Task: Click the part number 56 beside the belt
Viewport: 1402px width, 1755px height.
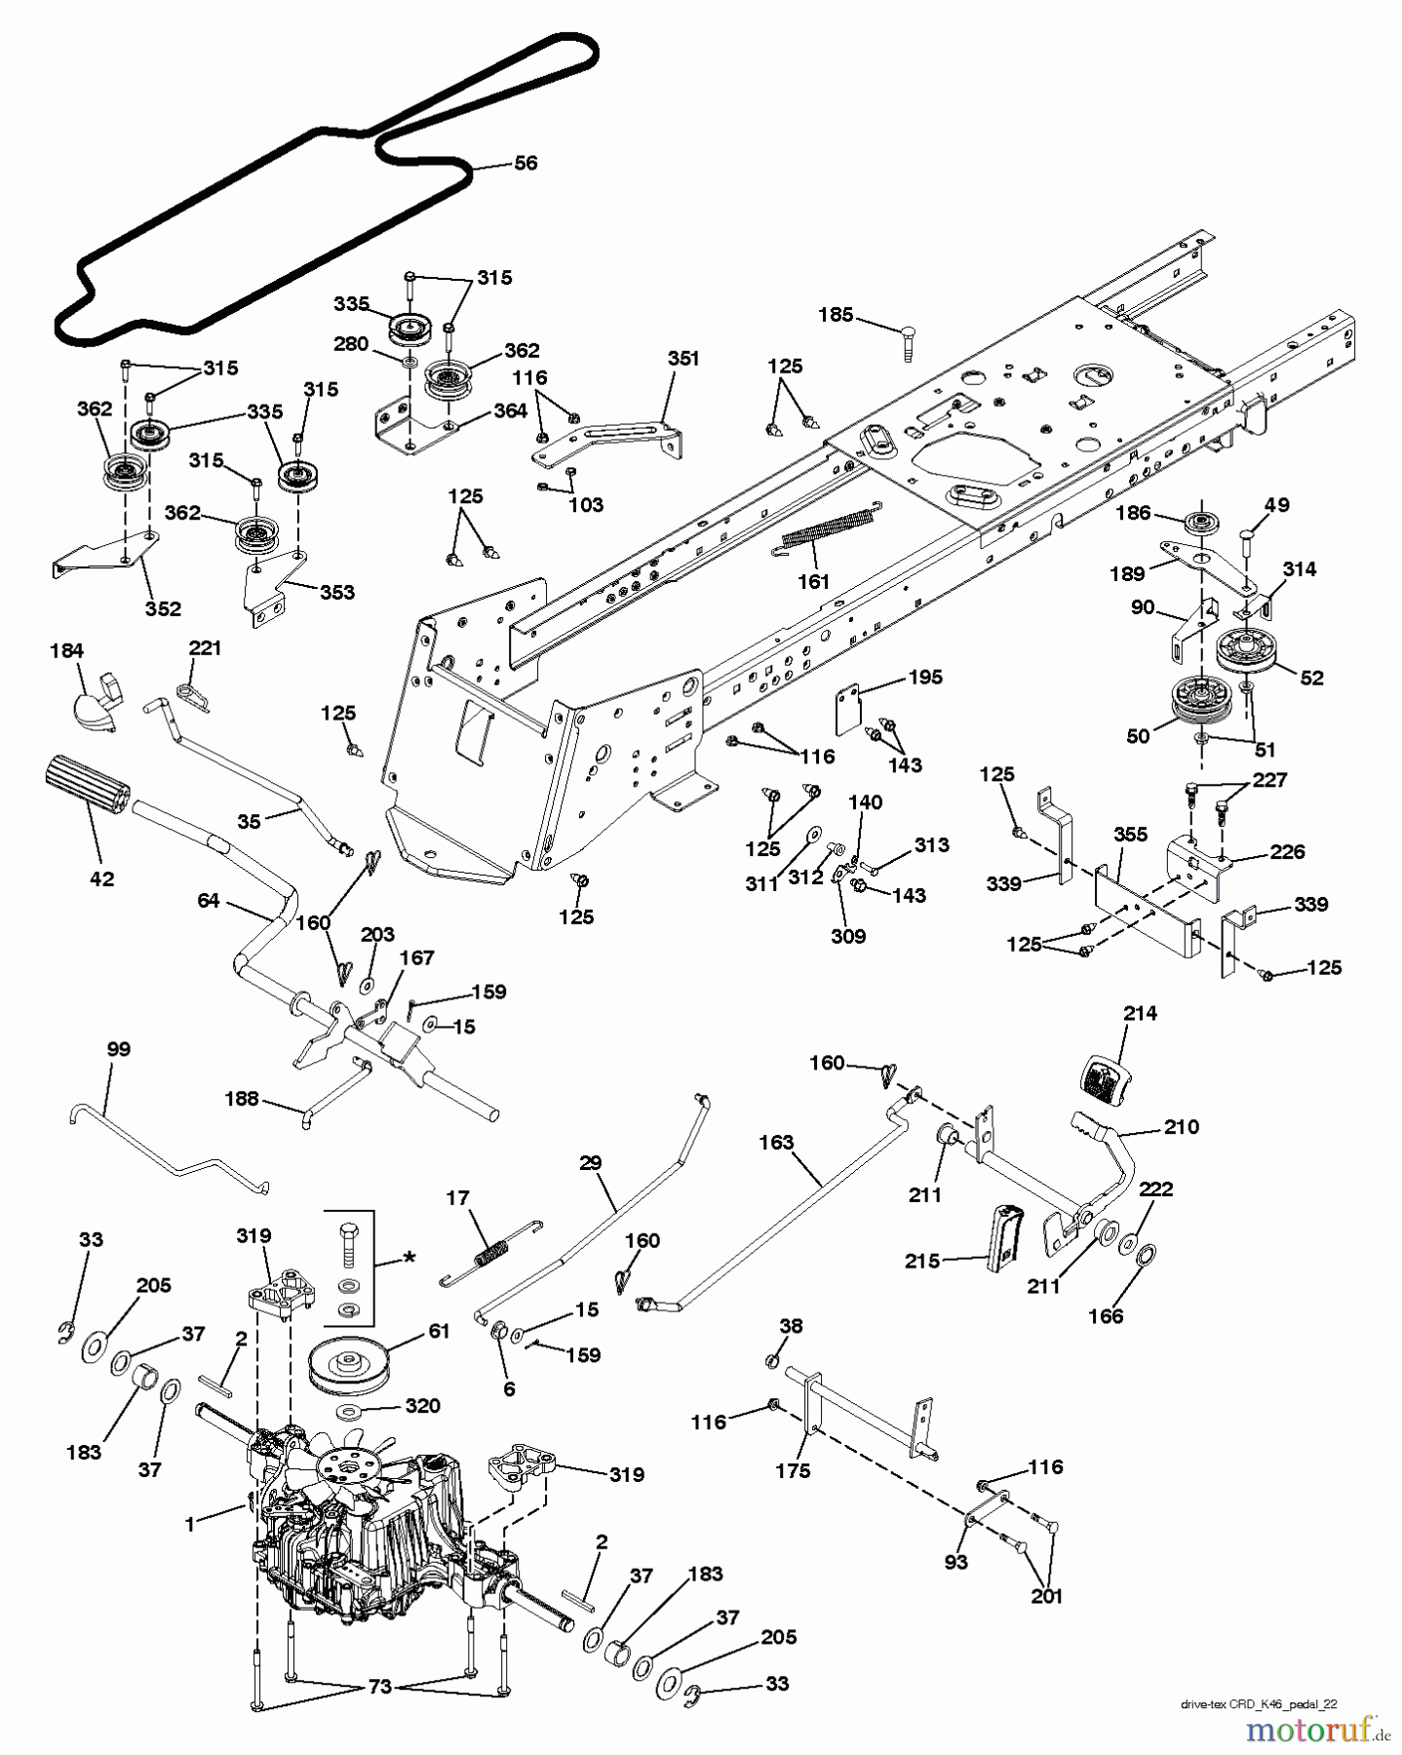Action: click(525, 163)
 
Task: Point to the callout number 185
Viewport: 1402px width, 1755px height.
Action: click(836, 315)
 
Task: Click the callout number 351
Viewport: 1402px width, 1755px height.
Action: click(683, 359)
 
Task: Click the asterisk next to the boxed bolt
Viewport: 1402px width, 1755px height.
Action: click(409, 1259)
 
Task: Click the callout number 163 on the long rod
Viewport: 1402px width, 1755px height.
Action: click(776, 1142)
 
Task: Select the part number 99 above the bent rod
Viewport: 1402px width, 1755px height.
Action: click(118, 1049)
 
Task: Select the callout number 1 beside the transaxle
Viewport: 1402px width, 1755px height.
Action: click(190, 1524)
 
